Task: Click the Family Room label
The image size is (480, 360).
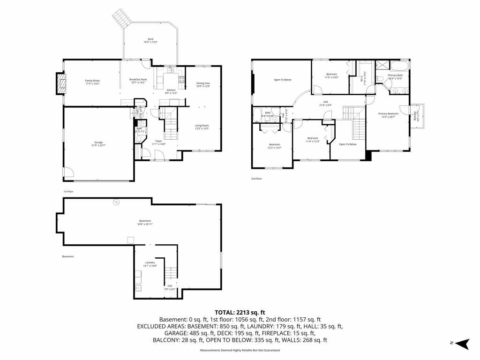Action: coord(92,82)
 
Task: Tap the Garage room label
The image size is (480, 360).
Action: coord(98,143)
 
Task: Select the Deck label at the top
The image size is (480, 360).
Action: coord(150,40)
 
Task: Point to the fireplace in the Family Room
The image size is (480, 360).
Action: coord(60,84)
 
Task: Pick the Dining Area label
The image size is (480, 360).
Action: coord(203,84)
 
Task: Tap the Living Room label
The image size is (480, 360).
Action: coord(202,127)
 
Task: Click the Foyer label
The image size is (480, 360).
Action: coord(159,142)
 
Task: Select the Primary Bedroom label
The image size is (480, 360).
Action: coord(389,115)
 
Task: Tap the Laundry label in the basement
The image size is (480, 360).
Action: coord(150,264)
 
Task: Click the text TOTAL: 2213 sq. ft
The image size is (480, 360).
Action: coord(240,312)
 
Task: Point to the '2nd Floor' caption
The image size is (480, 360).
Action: coord(256,179)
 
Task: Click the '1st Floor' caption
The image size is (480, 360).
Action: coord(68,192)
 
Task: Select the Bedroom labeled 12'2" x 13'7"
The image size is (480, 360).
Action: coord(274,146)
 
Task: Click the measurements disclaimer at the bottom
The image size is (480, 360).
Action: coord(240,351)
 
